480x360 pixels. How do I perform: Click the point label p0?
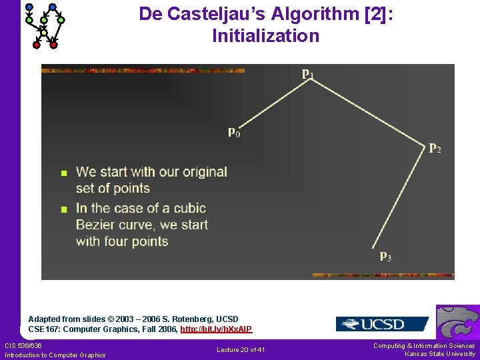point(234,132)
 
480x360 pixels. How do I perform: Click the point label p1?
point(307,73)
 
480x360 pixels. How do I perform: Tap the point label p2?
point(434,147)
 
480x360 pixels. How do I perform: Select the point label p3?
point(385,255)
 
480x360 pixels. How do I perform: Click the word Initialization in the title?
point(265,36)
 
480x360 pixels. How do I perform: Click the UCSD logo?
point(381,324)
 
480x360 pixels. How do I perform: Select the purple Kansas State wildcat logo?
point(457,323)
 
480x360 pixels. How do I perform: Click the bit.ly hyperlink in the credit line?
point(216,329)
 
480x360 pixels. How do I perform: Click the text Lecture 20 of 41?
point(241,350)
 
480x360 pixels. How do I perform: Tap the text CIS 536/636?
point(23,345)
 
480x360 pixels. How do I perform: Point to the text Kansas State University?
point(440,354)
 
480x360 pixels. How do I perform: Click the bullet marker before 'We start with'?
point(64,173)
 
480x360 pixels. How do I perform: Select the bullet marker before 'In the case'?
point(64,209)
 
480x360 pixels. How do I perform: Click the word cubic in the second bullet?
point(190,208)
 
